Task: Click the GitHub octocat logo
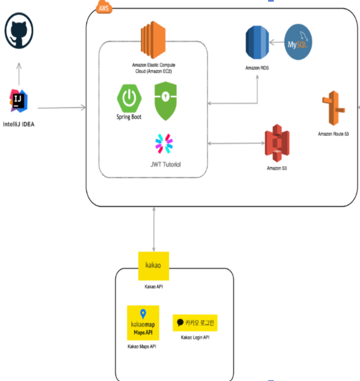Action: [x=19, y=32]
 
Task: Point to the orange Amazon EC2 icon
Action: [x=153, y=38]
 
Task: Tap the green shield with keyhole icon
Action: [x=166, y=101]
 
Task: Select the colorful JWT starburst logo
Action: [x=163, y=146]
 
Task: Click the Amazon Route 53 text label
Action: [x=334, y=135]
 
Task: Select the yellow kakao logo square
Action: [x=154, y=265]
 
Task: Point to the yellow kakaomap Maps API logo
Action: [x=143, y=322]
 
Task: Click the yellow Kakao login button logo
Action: [x=196, y=323]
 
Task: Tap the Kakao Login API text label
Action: [x=196, y=338]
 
